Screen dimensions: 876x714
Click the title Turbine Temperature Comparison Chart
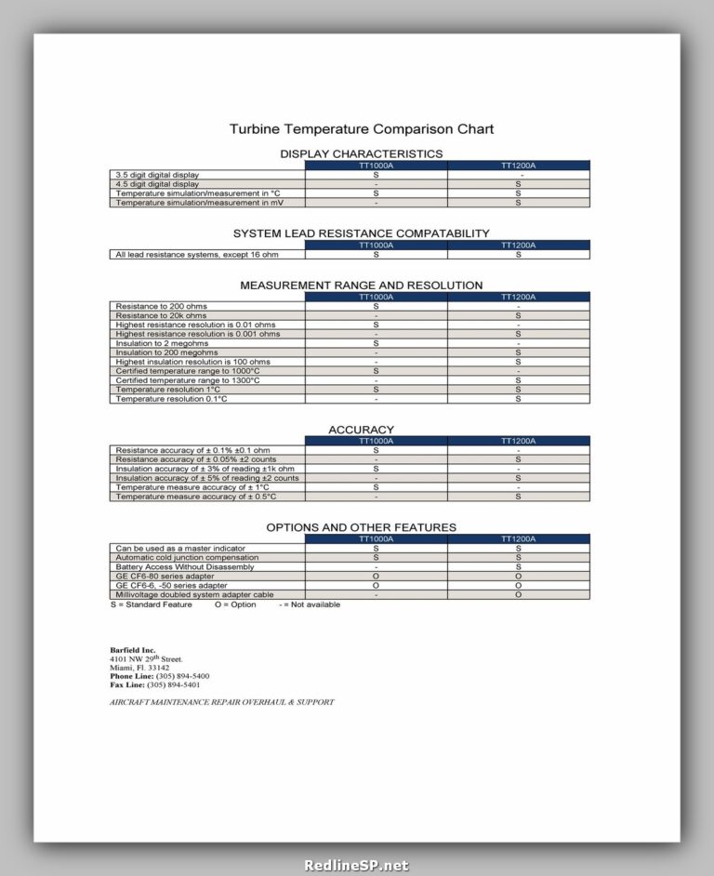point(362,129)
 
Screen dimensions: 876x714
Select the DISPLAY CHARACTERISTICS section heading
point(361,153)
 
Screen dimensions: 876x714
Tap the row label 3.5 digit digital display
point(157,175)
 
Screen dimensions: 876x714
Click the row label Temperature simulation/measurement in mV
point(187,203)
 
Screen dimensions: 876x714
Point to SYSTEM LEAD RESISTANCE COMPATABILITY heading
point(361,233)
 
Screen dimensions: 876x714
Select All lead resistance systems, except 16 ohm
point(195,255)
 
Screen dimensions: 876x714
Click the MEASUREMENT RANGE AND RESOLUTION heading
point(361,285)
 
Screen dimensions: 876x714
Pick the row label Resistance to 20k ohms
point(161,315)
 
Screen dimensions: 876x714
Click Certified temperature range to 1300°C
point(187,380)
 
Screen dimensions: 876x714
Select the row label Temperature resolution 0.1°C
point(172,399)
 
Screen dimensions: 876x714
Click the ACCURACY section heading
point(361,430)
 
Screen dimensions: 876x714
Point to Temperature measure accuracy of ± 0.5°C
point(192,497)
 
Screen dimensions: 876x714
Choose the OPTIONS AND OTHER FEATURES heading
point(361,527)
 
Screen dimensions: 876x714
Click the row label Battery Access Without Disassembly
point(184,567)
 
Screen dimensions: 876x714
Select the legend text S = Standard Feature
point(151,604)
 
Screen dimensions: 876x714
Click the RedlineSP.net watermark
point(357,865)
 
